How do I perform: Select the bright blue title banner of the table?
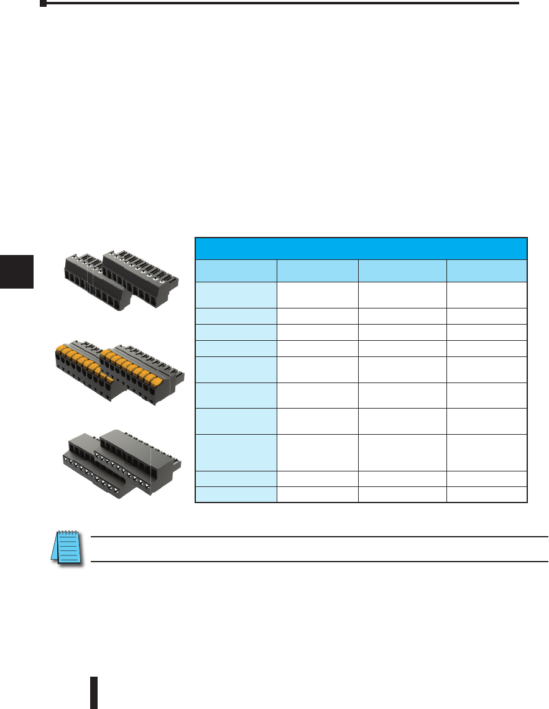[x=361, y=248]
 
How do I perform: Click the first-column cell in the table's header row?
[x=236, y=271]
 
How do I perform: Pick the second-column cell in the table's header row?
[x=317, y=271]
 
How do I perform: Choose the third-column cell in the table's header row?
[x=402, y=271]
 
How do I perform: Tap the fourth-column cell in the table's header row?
[x=486, y=271]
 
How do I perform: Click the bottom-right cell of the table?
[x=486, y=495]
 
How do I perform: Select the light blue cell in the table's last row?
[x=236, y=495]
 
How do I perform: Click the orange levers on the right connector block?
[x=134, y=367]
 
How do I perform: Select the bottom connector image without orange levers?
[x=121, y=460]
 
